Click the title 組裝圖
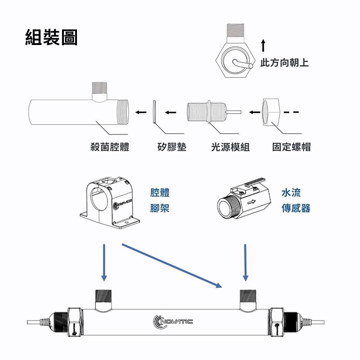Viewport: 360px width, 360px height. pyautogui.click(x=51, y=37)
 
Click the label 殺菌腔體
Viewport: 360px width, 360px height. pyautogui.click(x=110, y=147)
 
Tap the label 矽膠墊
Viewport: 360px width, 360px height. pyautogui.click(x=171, y=147)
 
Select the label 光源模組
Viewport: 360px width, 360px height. pyautogui.click(x=230, y=147)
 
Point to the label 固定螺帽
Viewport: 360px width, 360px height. pyautogui.click(x=291, y=147)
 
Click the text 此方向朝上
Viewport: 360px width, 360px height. pyautogui.click(x=285, y=63)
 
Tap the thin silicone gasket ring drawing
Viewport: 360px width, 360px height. pyautogui.click(x=154, y=112)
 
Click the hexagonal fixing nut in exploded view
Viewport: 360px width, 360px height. pyautogui.click(x=271, y=112)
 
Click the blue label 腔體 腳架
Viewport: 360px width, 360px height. pyautogui.click(x=160, y=201)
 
